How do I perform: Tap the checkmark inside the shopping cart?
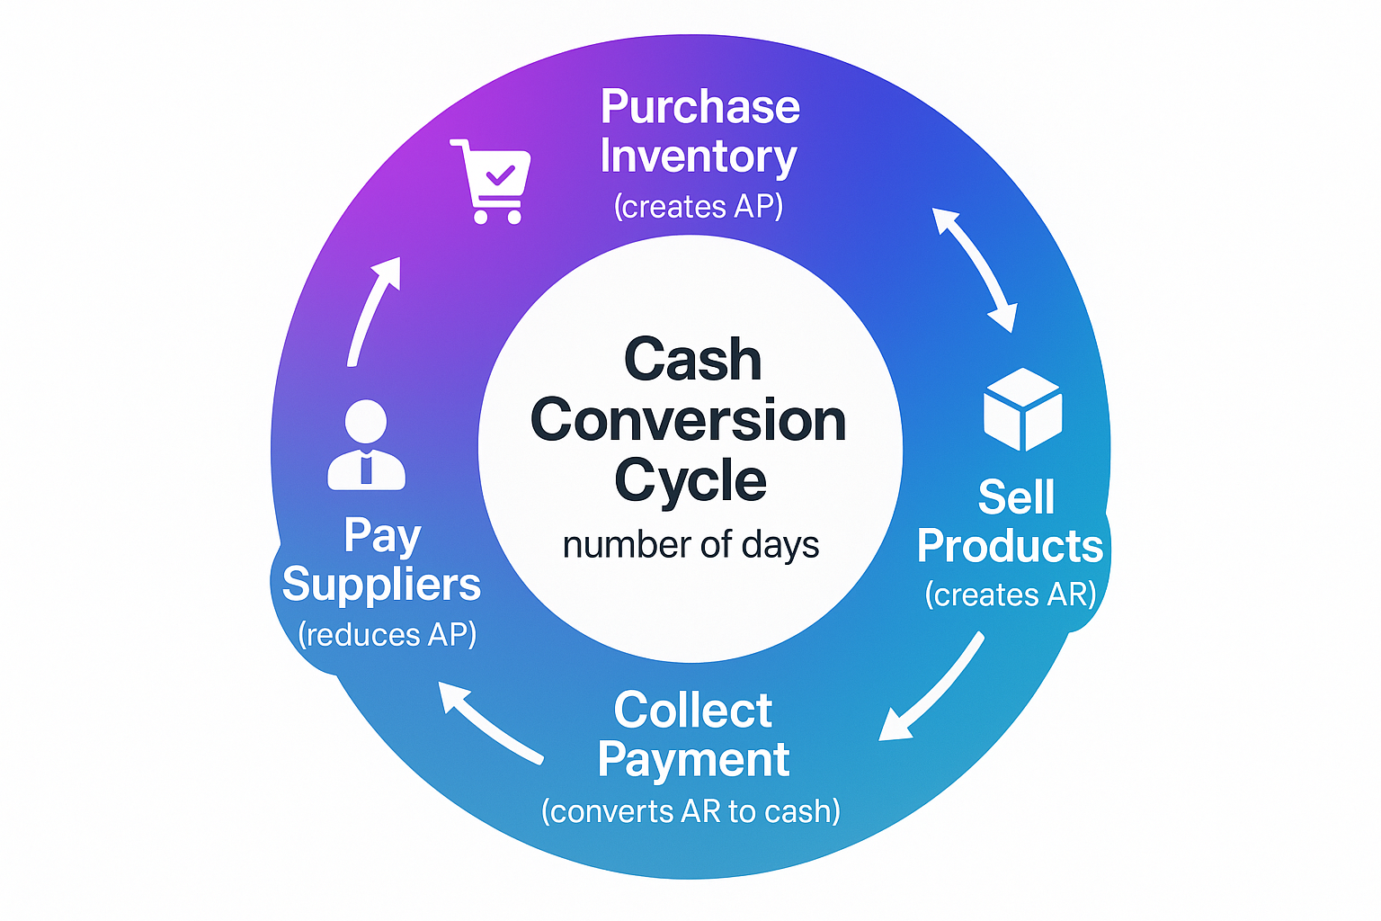[499, 173]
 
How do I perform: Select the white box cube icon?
[1022, 409]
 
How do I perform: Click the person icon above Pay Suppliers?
[366, 444]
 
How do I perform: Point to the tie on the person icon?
[366, 469]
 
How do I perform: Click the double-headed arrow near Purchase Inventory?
[975, 270]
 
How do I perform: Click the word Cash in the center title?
[692, 360]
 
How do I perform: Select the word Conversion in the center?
[689, 420]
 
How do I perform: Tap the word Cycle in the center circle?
[690, 481]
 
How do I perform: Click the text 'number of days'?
[690, 545]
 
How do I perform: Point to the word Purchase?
[699, 107]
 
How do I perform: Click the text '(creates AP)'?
[699, 207]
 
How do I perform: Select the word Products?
[1010, 546]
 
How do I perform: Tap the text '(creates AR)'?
[1011, 595]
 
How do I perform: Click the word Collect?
[692, 711]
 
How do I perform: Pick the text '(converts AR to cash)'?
[690, 811]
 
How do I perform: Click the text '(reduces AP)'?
[387, 635]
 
